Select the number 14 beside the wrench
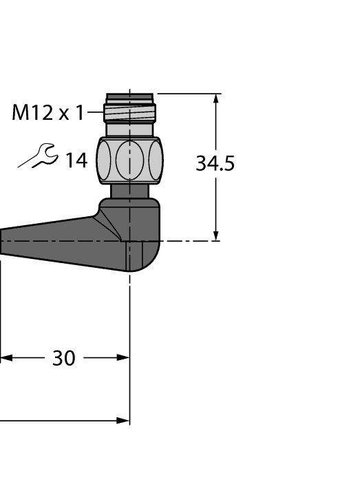(76, 161)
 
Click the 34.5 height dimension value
(215, 164)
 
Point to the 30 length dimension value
(64, 358)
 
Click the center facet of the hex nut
(129, 160)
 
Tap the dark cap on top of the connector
(129, 98)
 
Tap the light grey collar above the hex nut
(129, 129)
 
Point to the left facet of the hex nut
(105, 160)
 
